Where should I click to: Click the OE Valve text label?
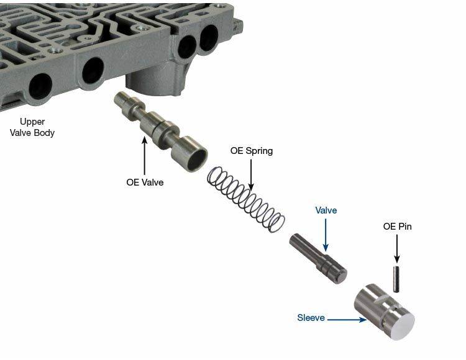[145, 182]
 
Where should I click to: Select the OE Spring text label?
[252, 151]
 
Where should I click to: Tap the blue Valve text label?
[326, 210]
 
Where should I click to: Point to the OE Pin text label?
[398, 227]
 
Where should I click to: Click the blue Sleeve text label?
[311, 318]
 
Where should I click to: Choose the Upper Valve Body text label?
[32, 127]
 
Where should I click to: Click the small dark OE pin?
[396, 279]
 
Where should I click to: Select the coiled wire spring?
[246, 199]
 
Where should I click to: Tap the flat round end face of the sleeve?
[402, 326]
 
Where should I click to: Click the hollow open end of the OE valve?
[198, 159]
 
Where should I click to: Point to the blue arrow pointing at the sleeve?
[347, 320]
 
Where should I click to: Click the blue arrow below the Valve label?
[326, 235]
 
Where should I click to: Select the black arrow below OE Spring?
[251, 175]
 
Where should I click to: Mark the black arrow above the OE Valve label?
[145, 156]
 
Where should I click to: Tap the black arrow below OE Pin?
[397, 249]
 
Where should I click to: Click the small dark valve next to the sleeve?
[318, 258]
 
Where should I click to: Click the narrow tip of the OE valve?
[121, 99]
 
